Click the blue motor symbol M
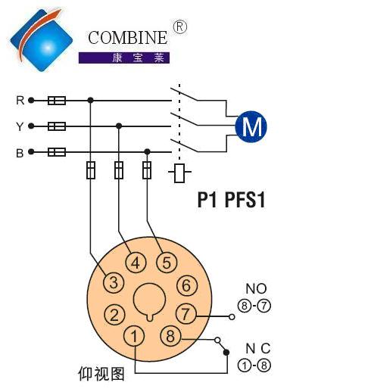click(251, 126)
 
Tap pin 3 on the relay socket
click(114, 282)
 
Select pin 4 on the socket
click(136, 263)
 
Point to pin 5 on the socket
click(167, 263)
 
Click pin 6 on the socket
click(187, 285)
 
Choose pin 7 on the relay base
click(185, 314)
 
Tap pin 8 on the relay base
click(170, 336)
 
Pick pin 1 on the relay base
click(134, 336)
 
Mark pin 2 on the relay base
click(114, 315)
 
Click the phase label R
click(20, 100)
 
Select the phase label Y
click(20, 126)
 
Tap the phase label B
click(20, 153)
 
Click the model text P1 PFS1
click(231, 200)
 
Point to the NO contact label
click(256, 288)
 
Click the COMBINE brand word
click(127, 38)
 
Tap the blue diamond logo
click(41, 40)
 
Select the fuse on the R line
click(57, 101)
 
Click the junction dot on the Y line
click(119, 126)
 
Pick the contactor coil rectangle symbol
click(179, 173)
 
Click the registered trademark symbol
click(180, 27)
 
